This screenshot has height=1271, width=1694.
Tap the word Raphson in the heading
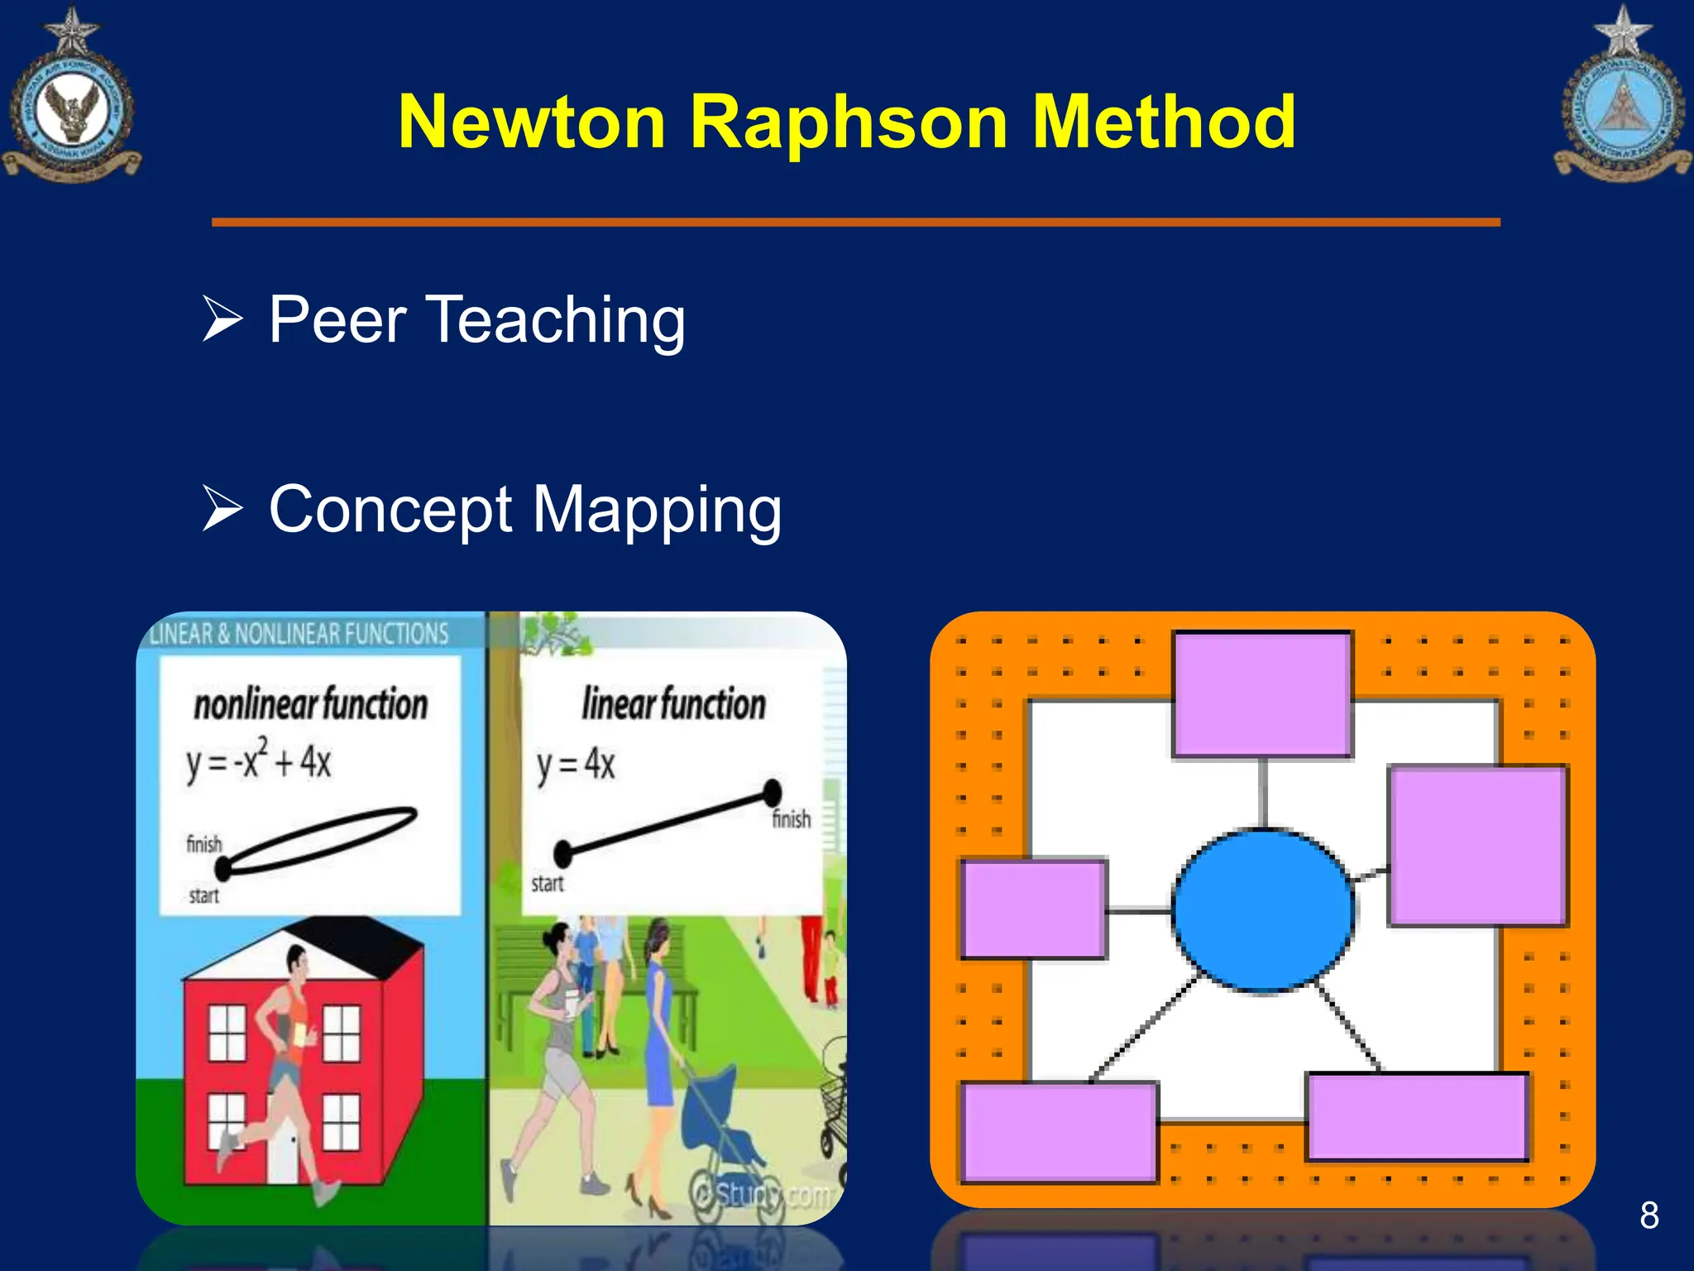pos(849,122)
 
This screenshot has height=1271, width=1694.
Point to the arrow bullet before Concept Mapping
pos(223,508)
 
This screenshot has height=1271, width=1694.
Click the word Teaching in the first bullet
pos(555,319)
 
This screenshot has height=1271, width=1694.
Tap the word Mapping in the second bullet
pos(657,510)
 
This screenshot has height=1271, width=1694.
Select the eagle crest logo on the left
pos(71,103)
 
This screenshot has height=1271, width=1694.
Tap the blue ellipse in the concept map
pos(1263,910)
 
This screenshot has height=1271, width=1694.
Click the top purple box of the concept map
pos(1262,694)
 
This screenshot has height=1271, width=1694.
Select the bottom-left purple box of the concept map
pos(1060,1131)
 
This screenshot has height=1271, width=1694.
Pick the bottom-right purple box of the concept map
pos(1417,1117)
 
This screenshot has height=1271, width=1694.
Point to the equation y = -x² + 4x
pos(258,760)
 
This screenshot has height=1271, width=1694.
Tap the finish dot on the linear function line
pos(772,792)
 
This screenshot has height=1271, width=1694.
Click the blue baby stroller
pos(728,1134)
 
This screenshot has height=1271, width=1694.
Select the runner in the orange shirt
pos(285,1067)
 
